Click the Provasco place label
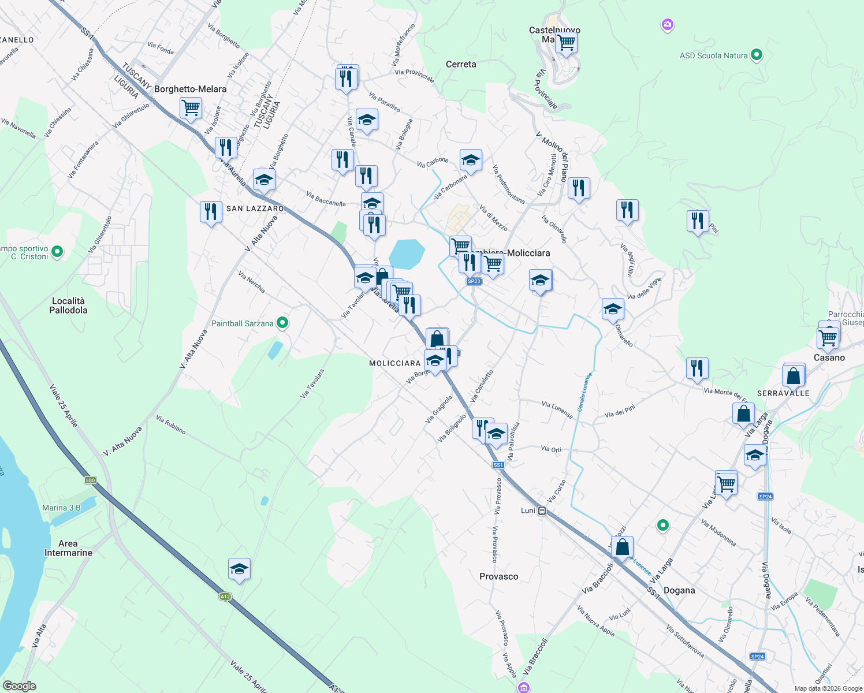[x=498, y=576]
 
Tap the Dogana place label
[x=679, y=590]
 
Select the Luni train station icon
[x=542, y=511]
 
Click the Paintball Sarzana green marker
[x=282, y=323]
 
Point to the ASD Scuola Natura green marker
[x=757, y=55]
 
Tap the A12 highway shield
[x=225, y=597]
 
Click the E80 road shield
[x=90, y=480]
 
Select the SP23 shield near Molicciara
[x=474, y=281]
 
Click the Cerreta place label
[x=461, y=64]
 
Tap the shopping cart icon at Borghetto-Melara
[x=191, y=107]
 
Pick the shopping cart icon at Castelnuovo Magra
[x=566, y=42]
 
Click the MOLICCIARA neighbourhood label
[x=395, y=363]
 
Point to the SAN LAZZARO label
[x=255, y=208]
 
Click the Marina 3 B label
[x=61, y=508]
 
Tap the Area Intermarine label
[x=68, y=548]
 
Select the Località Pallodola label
[x=68, y=305]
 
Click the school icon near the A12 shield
[x=239, y=569]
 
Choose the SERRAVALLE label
[x=783, y=393]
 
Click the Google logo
[x=19, y=686]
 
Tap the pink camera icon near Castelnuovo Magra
[x=668, y=25]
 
